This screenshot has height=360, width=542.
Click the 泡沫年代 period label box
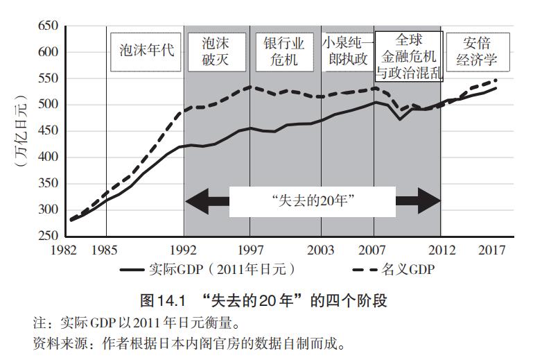(145, 51)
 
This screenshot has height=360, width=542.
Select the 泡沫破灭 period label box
(216, 51)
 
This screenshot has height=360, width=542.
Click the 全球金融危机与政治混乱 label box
(408, 55)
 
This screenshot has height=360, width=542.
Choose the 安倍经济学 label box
(477, 51)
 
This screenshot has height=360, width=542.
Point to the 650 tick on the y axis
(46, 26)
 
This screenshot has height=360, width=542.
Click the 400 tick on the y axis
(46, 157)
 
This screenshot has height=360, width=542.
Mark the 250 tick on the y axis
(46, 236)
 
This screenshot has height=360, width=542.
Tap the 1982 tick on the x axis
(69, 250)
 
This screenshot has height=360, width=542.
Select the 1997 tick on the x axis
(251, 250)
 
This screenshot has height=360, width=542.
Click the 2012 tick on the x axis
(441, 250)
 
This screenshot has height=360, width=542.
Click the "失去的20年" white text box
(312, 201)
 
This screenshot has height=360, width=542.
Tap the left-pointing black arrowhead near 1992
(198, 201)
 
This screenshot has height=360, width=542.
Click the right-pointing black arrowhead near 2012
(428, 201)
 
